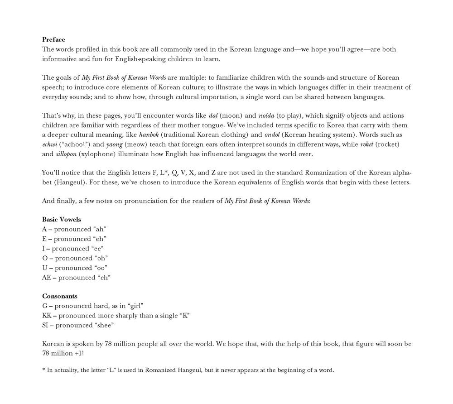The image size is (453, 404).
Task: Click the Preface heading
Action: click(53, 39)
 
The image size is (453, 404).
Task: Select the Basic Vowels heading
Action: click(62, 219)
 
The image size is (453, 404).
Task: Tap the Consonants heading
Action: click(59, 296)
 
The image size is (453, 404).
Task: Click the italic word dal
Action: click(214, 115)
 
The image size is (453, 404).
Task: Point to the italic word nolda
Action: click(267, 115)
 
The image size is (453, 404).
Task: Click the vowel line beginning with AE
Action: click(76, 278)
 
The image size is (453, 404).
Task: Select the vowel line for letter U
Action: click(74, 268)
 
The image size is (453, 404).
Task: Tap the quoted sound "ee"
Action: click(97, 249)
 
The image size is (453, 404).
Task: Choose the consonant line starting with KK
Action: click(116, 316)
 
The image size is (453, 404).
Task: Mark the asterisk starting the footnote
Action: click(43, 370)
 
